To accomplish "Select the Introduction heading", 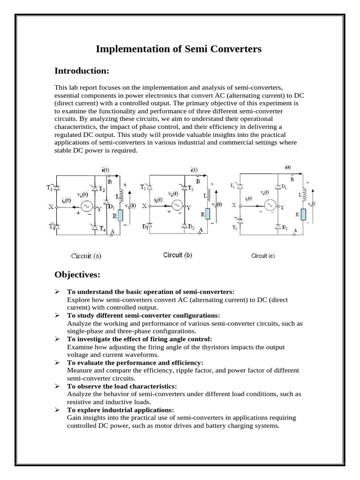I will (82, 71).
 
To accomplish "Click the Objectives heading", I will (77, 274).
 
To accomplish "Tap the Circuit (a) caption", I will (86, 256).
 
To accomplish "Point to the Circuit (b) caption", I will (177, 255).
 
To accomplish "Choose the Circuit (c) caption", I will (266, 255).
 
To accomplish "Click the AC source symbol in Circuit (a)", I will (86, 206).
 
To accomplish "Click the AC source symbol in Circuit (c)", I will (270, 205).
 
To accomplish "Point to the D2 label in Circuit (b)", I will (192, 227).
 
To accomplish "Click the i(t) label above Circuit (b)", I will (194, 169).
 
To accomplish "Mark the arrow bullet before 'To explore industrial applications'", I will (57, 410).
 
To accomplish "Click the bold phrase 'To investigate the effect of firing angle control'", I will (139, 339).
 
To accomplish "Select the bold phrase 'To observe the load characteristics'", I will (122, 386).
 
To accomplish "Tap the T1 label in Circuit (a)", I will (50, 188).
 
